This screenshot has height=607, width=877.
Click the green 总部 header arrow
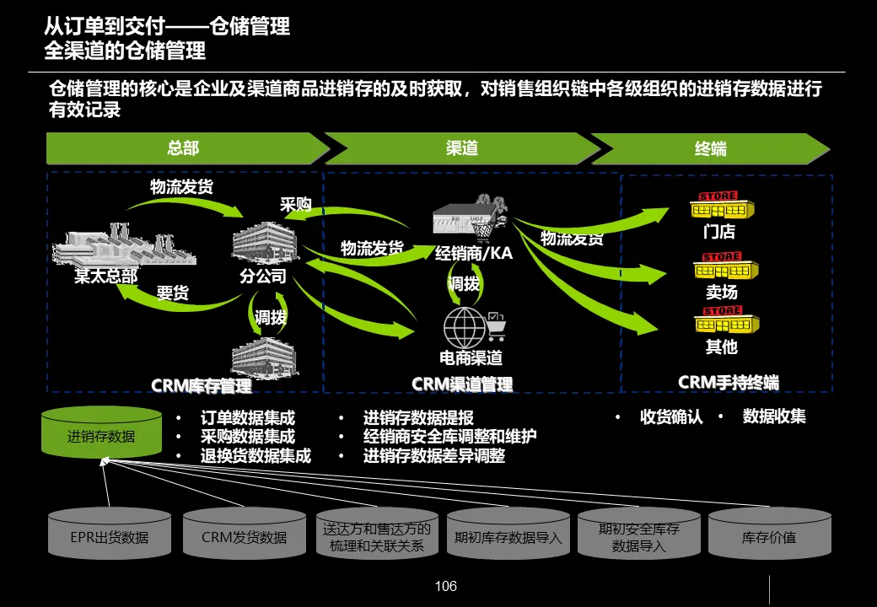coord(184,148)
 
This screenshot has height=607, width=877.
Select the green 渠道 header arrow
coord(461,148)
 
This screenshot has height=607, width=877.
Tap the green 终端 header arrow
coord(710,149)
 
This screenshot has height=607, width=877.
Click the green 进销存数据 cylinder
coord(101,435)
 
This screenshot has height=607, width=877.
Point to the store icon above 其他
coord(725,322)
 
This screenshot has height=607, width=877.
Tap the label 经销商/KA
coord(473,253)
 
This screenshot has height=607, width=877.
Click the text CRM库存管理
coord(202,386)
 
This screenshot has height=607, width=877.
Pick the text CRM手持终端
coord(728,382)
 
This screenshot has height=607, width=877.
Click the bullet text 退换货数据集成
coord(256,456)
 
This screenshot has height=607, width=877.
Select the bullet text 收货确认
coord(671,416)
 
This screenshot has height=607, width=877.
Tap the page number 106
coord(445,586)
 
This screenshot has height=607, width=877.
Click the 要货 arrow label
coord(172,293)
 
